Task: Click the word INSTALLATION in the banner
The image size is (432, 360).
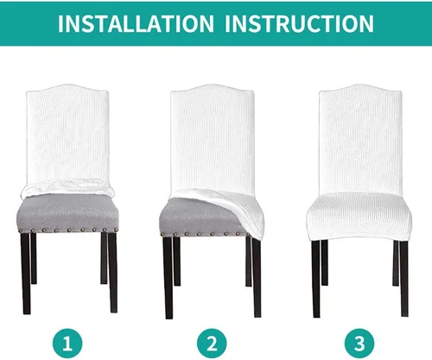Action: click(x=136, y=23)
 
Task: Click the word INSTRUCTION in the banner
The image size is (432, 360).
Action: click(x=299, y=23)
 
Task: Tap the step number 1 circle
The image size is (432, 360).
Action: click(x=67, y=344)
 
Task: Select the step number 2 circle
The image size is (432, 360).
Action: click(x=212, y=344)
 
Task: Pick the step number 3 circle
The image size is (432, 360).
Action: click(x=359, y=344)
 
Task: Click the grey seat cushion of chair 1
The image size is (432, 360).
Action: click(x=67, y=212)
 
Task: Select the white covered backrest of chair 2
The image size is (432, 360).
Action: click(x=213, y=138)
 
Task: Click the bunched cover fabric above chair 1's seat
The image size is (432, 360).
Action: click(x=67, y=188)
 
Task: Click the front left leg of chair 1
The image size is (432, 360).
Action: click(x=26, y=274)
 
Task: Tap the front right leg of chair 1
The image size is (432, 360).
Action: click(x=112, y=273)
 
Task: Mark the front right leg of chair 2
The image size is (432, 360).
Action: click(x=257, y=278)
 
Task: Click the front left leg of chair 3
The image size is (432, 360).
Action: click(x=316, y=279)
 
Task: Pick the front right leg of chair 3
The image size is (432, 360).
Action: click(x=404, y=279)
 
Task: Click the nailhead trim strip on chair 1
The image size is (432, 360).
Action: click(x=67, y=231)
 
